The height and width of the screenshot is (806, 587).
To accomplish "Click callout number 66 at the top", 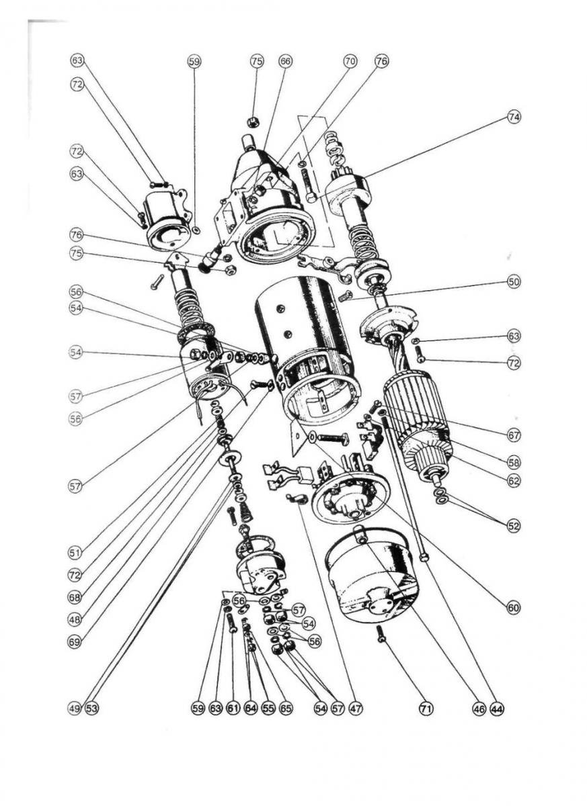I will (286, 61).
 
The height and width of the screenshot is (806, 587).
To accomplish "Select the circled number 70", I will (350, 61).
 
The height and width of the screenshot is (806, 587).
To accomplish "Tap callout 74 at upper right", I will (514, 117).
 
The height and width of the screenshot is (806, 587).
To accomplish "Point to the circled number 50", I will (514, 281).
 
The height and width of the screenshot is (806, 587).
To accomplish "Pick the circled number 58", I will (514, 463).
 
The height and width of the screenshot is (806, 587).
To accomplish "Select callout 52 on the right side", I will (514, 527).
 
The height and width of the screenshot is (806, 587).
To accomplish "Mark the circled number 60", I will (514, 608).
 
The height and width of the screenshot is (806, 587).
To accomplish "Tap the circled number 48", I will (75, 619).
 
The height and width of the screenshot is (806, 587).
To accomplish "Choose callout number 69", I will (75, 641).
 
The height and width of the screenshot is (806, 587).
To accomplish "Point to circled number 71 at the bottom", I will (426, 708).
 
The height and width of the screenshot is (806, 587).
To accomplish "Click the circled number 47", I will (356, 708).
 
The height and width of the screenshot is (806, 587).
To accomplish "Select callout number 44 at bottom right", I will (497, 708).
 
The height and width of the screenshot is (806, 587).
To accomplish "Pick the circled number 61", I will (233, 708).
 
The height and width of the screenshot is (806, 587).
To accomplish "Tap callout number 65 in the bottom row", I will (286, 708).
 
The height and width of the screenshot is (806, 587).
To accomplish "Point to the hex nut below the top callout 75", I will (253, 122).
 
